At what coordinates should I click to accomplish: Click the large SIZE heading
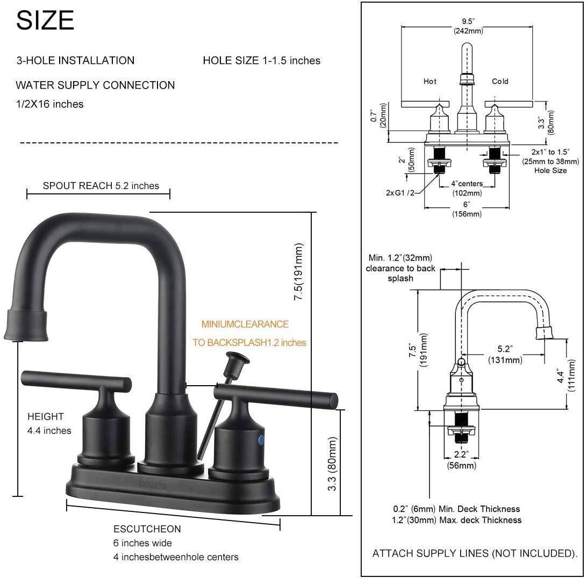[45, 20]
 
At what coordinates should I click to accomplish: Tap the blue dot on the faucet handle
[261, 440]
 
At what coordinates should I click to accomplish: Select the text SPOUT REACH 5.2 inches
[101, 186]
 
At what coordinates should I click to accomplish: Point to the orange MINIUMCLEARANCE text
[245, 324]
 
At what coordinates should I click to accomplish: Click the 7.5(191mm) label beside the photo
[299, 272]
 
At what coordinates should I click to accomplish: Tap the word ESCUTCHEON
[147, 529]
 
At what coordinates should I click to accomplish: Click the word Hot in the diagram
[430, 82]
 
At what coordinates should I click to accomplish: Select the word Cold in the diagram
[500, 82]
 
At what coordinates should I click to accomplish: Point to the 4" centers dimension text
[466, 184]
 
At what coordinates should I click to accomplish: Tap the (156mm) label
[466, 214]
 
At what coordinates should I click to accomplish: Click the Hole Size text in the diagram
[550, 170]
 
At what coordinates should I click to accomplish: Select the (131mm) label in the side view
[505, 360]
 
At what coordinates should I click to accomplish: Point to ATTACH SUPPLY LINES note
[475, 553]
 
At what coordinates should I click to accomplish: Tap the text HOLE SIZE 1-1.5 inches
[261, 61]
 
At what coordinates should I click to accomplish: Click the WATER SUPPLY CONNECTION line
[95, 85]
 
